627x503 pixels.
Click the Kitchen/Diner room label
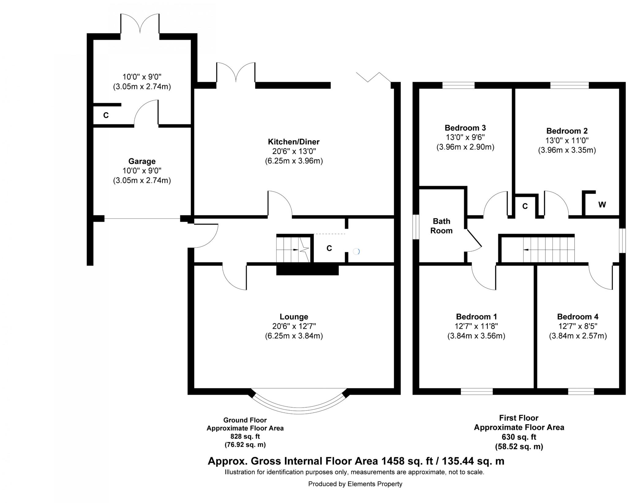[x=293, y=142]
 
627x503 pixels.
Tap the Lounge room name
[x=294, y=317]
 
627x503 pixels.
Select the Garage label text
[x=142, y=161]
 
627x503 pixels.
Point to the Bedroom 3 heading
[x=465, y=128]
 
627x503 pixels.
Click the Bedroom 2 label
[x=567, y=131]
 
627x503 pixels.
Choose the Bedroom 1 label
[x=476, y=317]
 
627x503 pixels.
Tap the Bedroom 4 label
[x=578, y=317]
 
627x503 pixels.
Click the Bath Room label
[x=441, y=226]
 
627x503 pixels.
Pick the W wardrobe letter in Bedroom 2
[x=602, y=205]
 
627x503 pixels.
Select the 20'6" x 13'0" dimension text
[x=294, y=151]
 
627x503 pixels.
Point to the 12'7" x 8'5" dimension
[x=578, y=326]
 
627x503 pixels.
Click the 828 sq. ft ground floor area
[x=245, y=436]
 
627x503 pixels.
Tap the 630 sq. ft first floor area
[x=519, y=437]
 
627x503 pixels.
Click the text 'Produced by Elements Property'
[x=355, y=484]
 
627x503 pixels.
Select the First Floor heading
[x=519, y=418]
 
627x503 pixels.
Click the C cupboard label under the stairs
[x=329, y=248]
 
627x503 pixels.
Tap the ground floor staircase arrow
[x=295, y=250]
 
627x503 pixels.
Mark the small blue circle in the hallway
[x=356, y=251]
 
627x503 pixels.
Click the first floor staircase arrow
[x=526, y=250]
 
